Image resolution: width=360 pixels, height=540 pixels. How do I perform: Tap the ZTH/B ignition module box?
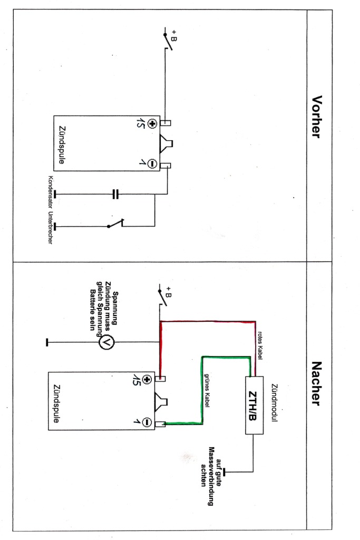click(x=255, y=405)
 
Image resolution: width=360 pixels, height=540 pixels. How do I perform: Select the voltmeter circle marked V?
click(x=106, y=342)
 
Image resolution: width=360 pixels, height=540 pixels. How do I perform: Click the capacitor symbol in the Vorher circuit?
click(x=115, y=194)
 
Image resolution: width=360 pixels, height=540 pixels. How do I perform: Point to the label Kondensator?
click(x=51, y=192)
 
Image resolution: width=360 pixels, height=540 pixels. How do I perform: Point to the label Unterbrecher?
click(x=50, y=228)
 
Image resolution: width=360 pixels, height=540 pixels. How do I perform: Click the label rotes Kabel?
click(x=260, y=346)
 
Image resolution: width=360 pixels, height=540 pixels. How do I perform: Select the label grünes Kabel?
click(x=207, y=391)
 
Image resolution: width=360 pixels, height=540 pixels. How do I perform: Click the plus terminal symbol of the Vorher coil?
click(x=152, y=123)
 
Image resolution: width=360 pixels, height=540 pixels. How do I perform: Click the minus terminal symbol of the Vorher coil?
click(x=152, y=163)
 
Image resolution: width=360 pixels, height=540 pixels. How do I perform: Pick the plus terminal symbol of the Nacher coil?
click(x=147, y=380)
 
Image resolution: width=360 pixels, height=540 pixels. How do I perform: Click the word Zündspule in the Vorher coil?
click(x=62, y=144)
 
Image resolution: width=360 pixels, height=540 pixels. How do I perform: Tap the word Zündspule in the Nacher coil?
click(x=57, y=403)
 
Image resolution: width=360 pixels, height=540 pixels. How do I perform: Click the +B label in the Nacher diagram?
click(x=168, y=292)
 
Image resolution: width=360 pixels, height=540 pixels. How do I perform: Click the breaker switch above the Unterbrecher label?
click(x=115, y=224)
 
